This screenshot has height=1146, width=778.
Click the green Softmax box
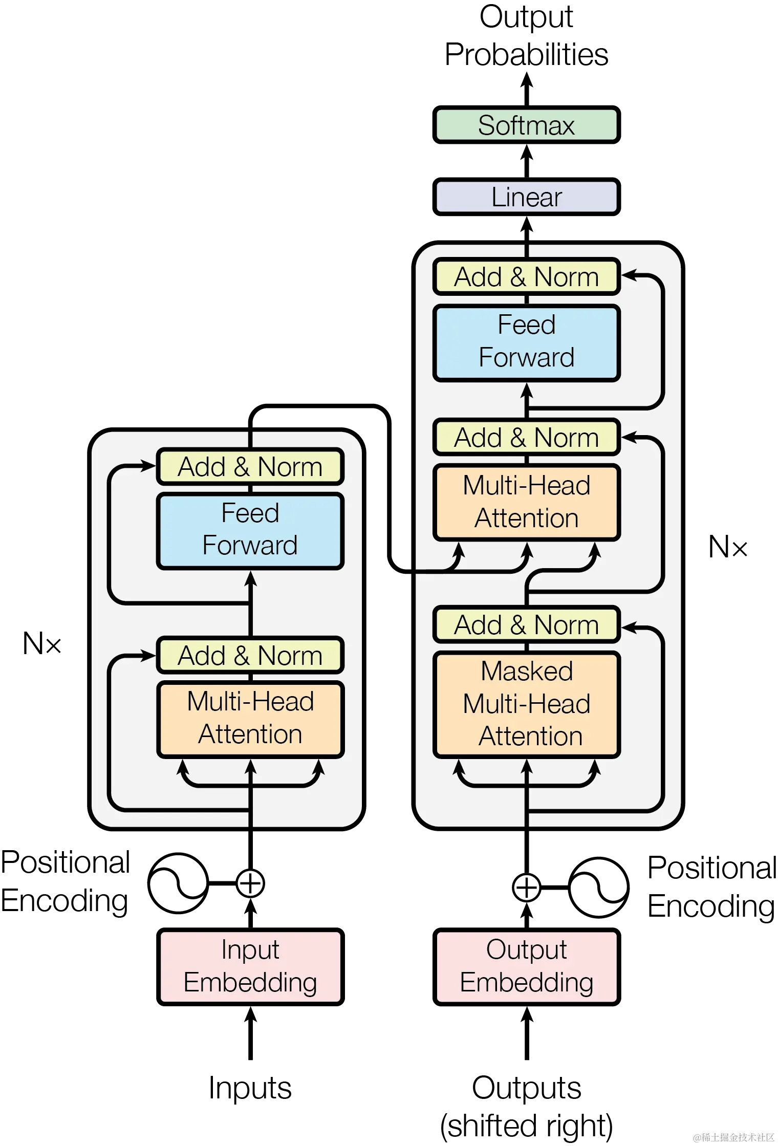[x=526, y=125]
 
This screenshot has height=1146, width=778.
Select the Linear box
[x=526, y=197]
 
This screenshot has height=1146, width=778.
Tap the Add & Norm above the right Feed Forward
[x=526, y=277]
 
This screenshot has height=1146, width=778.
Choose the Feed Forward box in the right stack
[x=526, y=342]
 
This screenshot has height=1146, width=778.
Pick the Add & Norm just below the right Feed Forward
[x=526, y=438]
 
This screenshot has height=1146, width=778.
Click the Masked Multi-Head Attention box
[x=526, y=704]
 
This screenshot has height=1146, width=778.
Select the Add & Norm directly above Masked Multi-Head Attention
[x=526, y=625]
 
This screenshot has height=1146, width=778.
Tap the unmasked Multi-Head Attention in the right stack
[x=526, y=502]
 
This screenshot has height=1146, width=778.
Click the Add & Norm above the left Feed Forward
[x=250, y=467]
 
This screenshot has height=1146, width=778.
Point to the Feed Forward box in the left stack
[x=250, y=530]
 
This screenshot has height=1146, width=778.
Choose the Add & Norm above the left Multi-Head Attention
[x=250, y=656]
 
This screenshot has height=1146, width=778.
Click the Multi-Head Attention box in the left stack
[x=250, y=719]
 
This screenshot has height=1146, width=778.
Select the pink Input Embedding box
[x=250, y=966]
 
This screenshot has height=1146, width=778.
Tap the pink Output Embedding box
[x=526, y=966]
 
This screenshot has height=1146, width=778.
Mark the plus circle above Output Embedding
[x=527, y=888]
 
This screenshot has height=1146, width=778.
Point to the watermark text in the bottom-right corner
[x=732, y=1137]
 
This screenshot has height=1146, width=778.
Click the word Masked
[x=526, y=672]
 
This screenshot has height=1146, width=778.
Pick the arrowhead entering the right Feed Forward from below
[x=527, y=391]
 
